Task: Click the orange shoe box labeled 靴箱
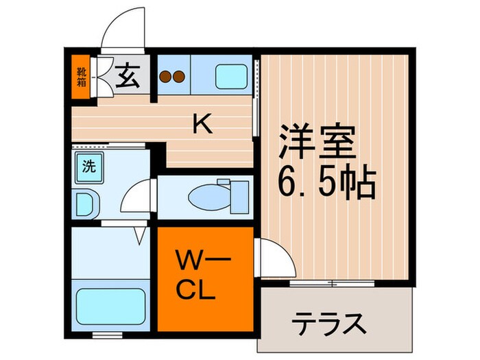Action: [x=81, y=77]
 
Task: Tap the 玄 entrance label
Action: [x=127, y=75]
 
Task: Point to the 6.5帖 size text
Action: [x=327, y=182]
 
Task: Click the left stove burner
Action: [x=166, y=76]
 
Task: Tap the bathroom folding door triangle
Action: [x=140, y=236]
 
